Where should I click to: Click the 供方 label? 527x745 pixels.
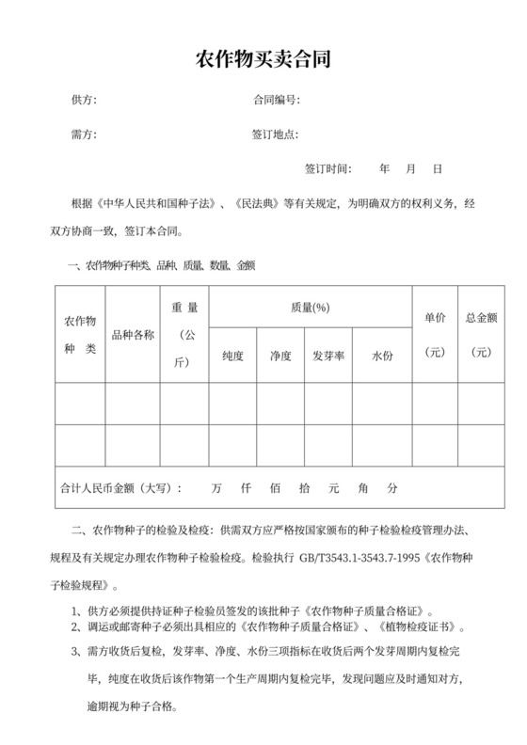click(84, 100)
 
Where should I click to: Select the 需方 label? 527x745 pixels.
click(84, 135)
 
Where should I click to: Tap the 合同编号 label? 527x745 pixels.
click(276, 100)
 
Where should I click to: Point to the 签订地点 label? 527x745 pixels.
click(276, 135)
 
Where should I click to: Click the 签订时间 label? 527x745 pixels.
click(327, 169)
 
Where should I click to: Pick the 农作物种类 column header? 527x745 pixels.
click(79, 335)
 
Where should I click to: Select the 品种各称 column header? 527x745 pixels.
click(133, 335)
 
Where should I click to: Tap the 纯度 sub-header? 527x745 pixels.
click(233, 357)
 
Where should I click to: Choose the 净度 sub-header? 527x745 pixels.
click(280, 357)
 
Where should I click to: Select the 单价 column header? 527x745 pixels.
click(435, 317)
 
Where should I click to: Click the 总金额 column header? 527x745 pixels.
click(481, 317)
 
